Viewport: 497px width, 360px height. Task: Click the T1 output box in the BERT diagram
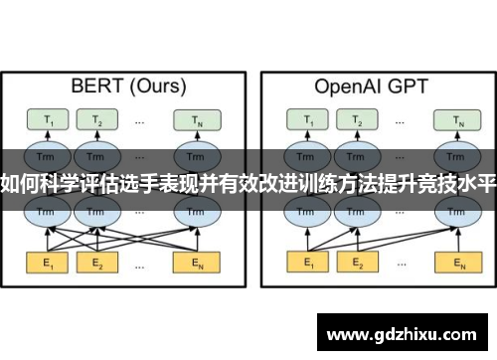[x=45, y=120]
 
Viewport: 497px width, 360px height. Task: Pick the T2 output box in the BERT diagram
[x=97, y=120]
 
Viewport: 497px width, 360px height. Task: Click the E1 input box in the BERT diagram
[x=45, y=264]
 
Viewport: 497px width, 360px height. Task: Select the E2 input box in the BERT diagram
[x=97, y=264]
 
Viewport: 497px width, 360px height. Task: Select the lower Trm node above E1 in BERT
[x=45, y=212]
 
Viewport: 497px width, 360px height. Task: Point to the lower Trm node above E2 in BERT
[x=97, y=212]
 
